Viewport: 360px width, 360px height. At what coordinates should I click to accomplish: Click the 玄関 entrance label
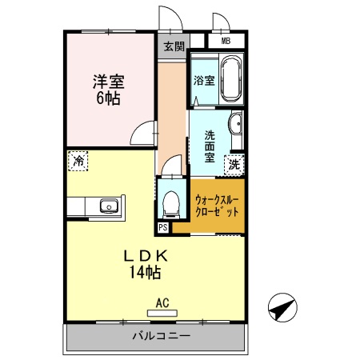[174, 46]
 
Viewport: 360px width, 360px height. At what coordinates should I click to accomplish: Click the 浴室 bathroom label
[204, 80]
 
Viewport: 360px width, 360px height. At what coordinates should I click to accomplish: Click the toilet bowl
[170, 202]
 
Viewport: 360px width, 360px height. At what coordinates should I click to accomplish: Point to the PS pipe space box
[163, 227]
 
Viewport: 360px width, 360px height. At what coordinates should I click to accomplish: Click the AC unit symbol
[162, 308]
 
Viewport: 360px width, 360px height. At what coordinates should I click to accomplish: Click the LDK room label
[145, 256]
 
